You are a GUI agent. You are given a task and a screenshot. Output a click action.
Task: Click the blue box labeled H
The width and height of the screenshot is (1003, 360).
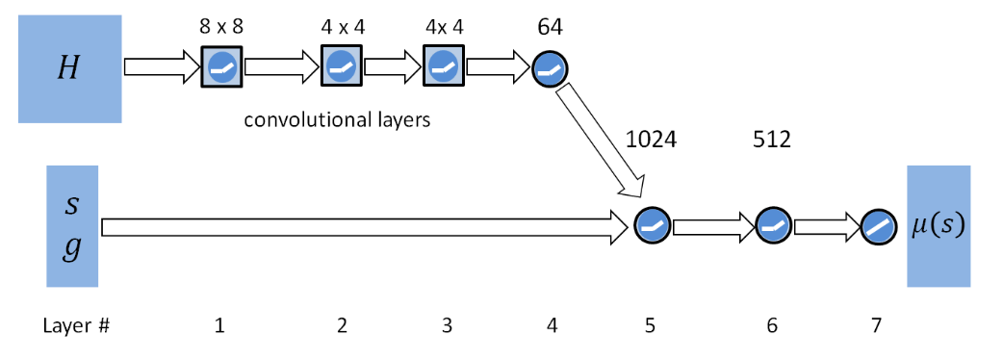[x=69, y=68]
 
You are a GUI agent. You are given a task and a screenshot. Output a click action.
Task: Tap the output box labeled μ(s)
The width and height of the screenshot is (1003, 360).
[x=938, y=226]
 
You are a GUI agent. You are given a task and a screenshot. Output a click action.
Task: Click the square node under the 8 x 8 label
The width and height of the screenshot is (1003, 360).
[x=221, y=67]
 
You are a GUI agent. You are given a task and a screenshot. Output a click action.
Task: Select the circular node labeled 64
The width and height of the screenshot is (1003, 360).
[x=551, y=68]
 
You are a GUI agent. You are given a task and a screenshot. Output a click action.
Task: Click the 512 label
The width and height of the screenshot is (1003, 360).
[x=772, y=140]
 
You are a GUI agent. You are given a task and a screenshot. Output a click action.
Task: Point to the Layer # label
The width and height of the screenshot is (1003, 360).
[x=76, y=325]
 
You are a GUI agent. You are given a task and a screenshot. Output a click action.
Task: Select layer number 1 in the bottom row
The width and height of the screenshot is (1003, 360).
[x=220, y=325]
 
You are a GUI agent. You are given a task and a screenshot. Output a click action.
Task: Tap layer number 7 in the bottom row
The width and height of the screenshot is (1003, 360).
[x=875, y=325]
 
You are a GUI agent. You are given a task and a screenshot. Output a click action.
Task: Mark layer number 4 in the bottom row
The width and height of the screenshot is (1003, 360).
[x=552, y=325]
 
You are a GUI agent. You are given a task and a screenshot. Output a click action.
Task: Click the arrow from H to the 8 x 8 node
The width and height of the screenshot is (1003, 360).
[x=160, y=68]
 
